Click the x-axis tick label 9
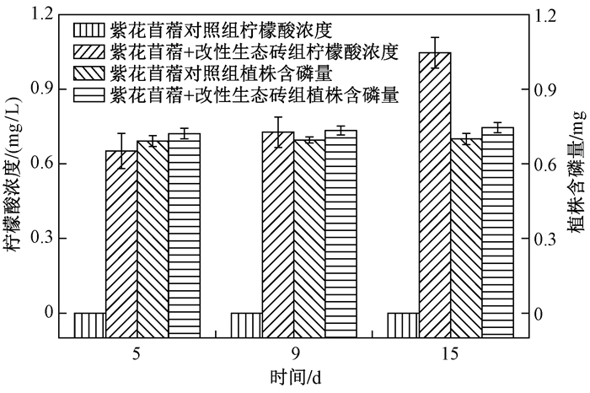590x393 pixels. click(293, 354)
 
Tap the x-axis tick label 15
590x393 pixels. click(450, 354)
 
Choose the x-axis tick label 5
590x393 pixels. click(137, 354)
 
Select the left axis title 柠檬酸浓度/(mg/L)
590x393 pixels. click(12, 175)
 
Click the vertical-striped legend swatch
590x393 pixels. click(88, 30)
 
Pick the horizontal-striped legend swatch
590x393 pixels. click(88, 95)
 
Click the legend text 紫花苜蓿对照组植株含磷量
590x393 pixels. click(221, 73)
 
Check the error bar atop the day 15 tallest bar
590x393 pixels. click(435, 52)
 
